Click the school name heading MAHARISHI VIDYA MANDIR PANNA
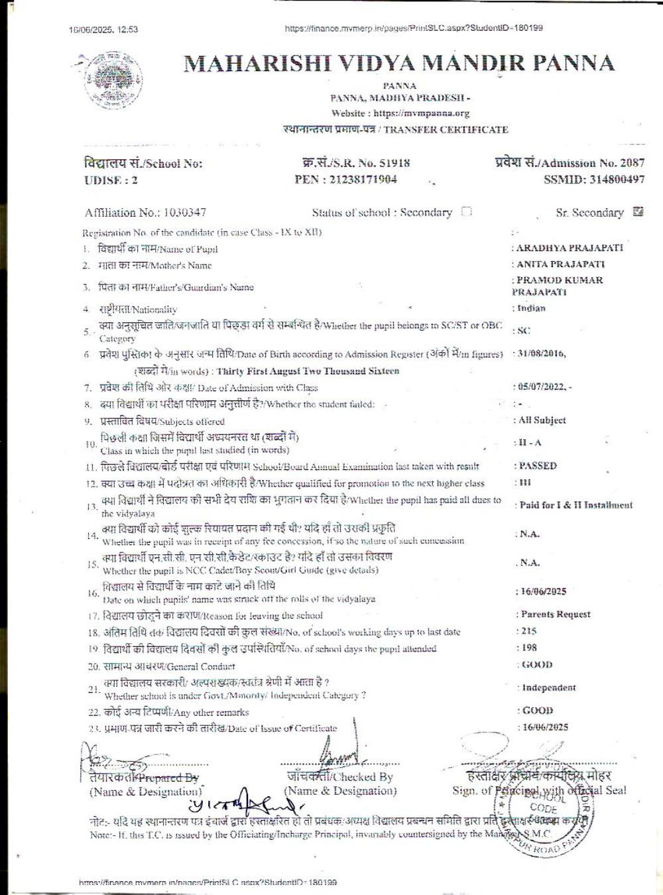398,63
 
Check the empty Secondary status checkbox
466,212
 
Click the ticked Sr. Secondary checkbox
638,212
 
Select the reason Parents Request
556,615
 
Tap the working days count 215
529,631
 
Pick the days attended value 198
529,648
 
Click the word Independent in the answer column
548,688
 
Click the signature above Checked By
338,754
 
